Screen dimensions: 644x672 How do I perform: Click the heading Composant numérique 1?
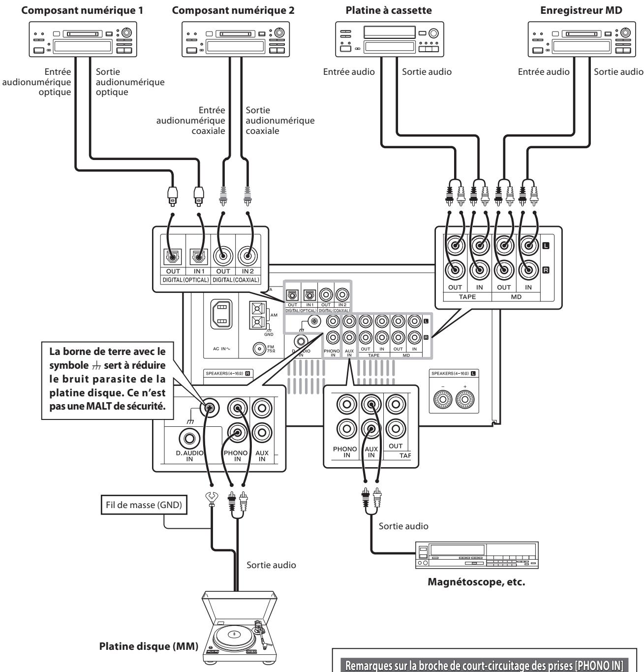pyautogui.click(x=82, y=10)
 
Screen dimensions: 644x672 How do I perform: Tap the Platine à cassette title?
pyautogui.click(x=389, y=10)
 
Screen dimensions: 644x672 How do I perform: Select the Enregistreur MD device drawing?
pyautogui.click(x=582, y=39)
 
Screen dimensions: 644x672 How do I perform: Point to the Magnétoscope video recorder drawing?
pyautogui.click(x=477, y=555)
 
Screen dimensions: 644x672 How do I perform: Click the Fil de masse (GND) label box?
pyautogui.click(x=144, y=505)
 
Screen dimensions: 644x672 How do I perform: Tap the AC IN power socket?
pyautogui.click(x=221, y=314)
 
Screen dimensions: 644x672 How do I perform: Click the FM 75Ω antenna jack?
pyautogui.click(x=259, y=349)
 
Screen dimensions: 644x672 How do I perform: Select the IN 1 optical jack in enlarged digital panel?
pyautogui.click(x=199, y=256)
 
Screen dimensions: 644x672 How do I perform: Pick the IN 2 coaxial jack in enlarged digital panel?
pyautogui.click(x=247, y=256)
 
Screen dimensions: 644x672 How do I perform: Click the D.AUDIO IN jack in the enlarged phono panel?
pyautogui.click(x=189, y=438)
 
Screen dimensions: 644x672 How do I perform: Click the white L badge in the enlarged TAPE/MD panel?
pyautogui.click(x=546, y=246)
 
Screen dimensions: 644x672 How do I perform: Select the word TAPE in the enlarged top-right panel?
pyautogui.click(x=467, y=297)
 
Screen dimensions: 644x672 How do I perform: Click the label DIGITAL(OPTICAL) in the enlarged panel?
pyautogui.click(x=185, y=280)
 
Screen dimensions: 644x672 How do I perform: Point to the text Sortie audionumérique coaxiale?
pyautogui.click(x=280, y=121)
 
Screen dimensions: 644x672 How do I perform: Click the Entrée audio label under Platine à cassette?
pyautogui.click(x=349, y=72)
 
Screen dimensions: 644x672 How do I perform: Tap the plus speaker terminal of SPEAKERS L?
pyautogui.click(x=465, y=399)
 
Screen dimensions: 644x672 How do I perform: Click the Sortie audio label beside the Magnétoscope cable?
pyautogui.click(x=403, y=526)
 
